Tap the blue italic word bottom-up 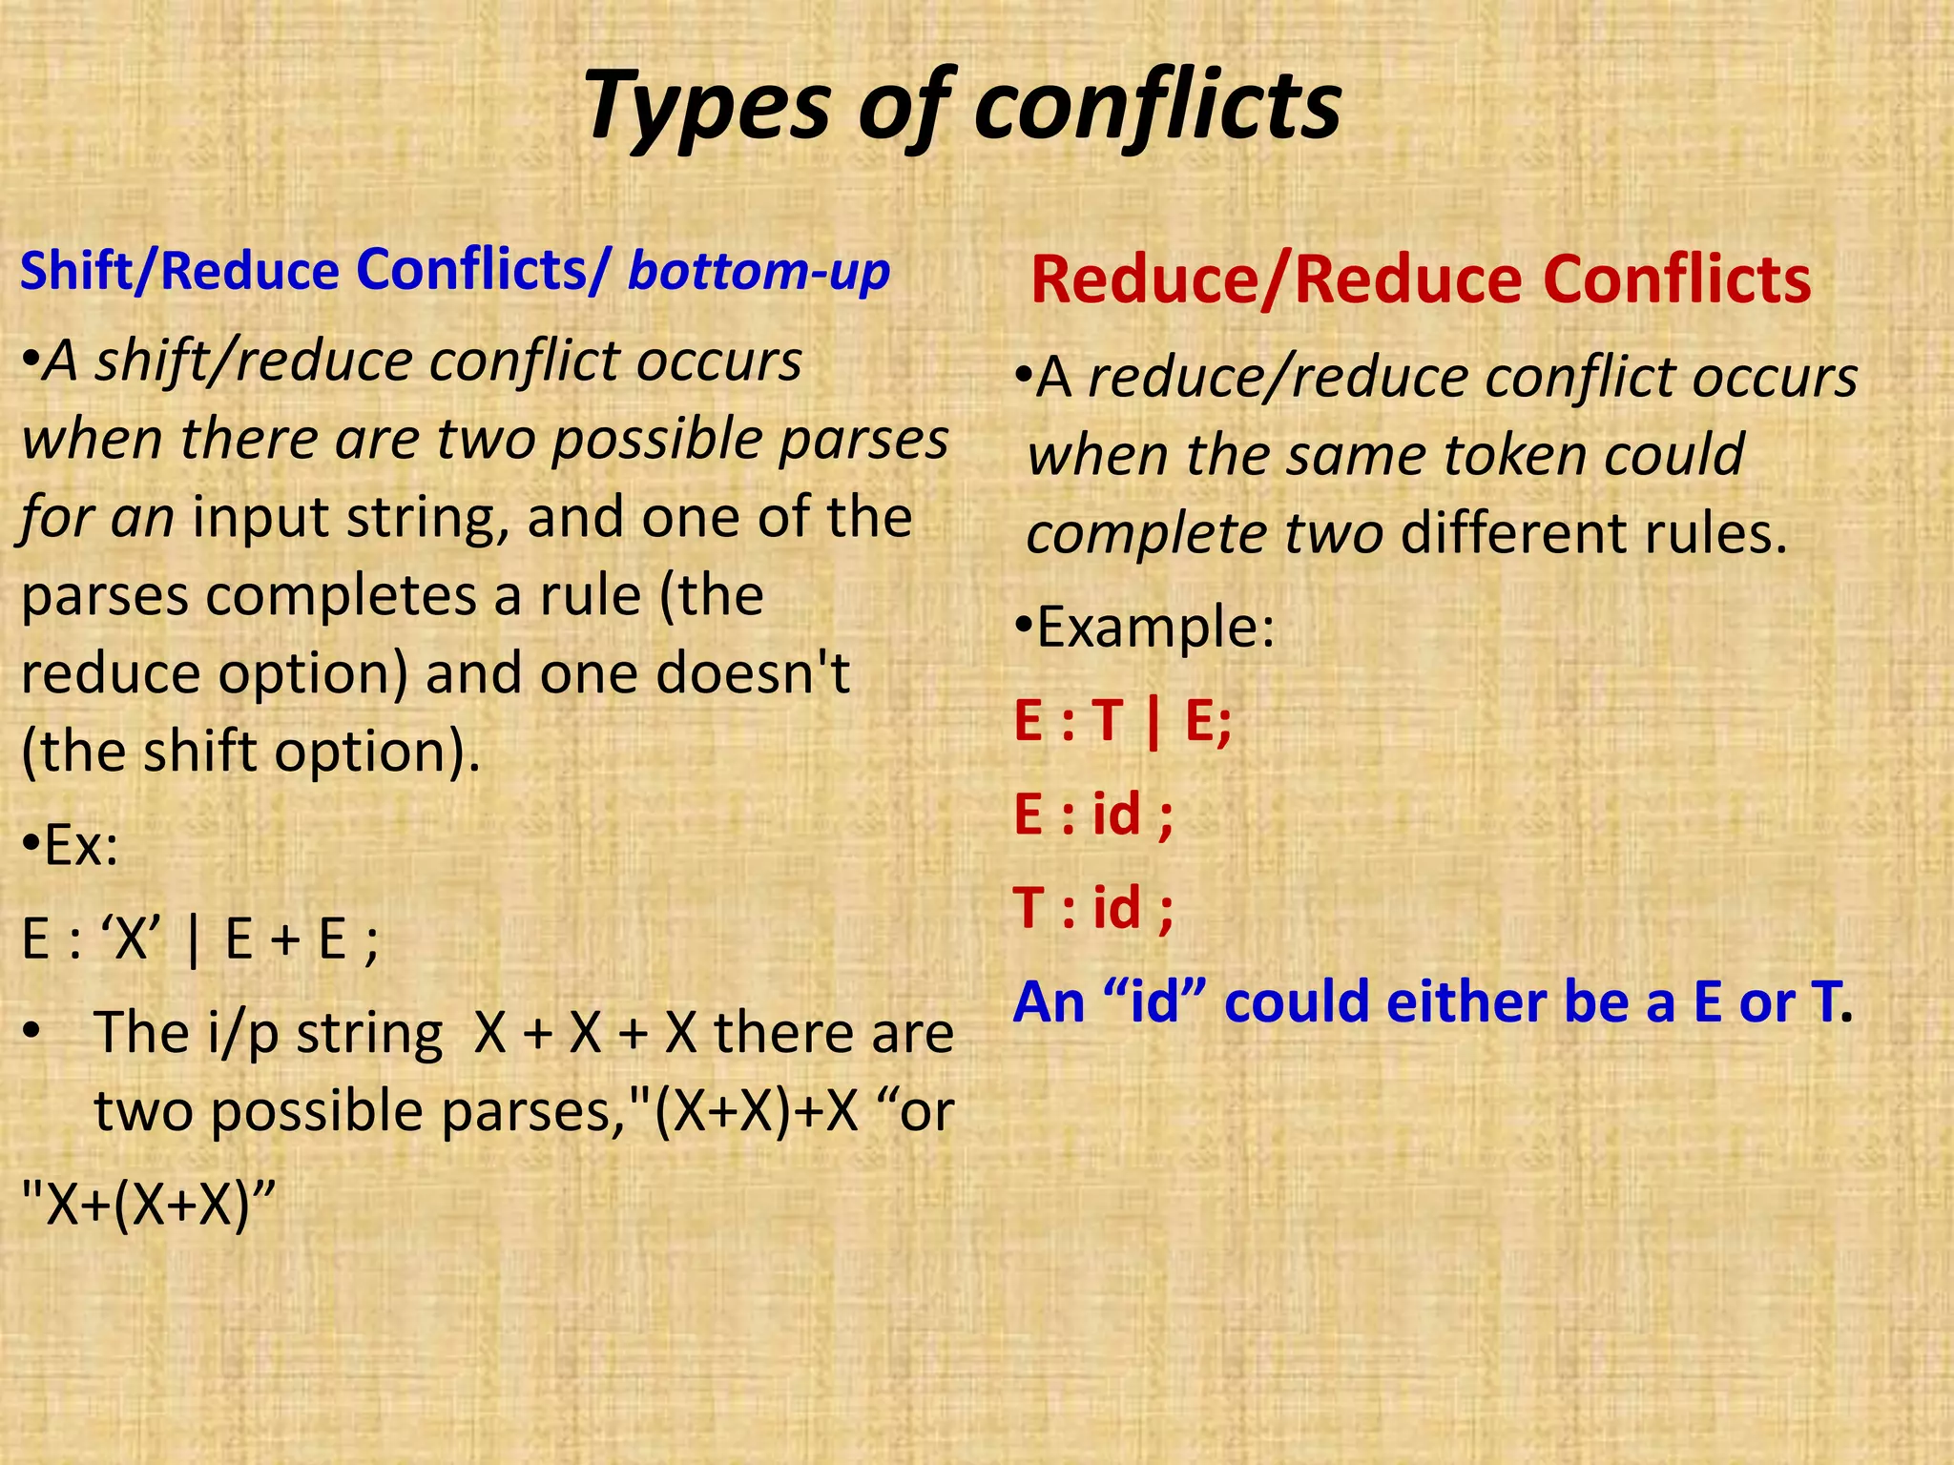tap(759, 271)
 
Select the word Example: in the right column tap(1154, 628)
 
